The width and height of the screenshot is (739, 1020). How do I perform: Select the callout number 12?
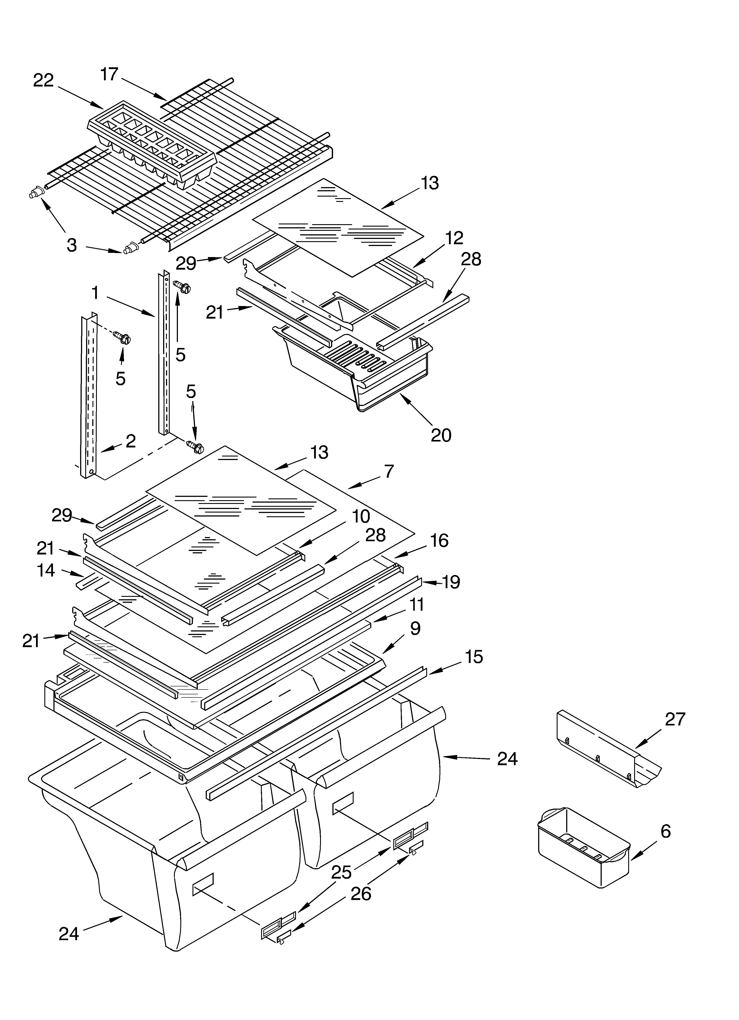[454, 238]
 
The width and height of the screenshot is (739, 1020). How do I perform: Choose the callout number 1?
[95, 293]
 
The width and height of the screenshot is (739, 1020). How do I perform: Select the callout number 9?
[415, 628]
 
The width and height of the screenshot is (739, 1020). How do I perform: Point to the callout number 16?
[439, 541]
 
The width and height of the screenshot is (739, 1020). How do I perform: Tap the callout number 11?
[417, 605]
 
